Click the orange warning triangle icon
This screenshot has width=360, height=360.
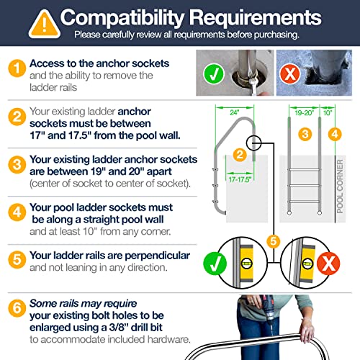(45, 24)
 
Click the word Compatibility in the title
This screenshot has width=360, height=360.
(122, 18)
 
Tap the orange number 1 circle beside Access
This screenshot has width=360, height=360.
(17, 68)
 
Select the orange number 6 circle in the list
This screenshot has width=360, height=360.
(17, 308)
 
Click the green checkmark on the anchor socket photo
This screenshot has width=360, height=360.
(214, 74)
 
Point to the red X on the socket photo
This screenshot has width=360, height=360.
(290, 73)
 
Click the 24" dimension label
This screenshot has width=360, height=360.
(235, 112)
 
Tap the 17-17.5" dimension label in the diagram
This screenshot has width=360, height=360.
(240, 179)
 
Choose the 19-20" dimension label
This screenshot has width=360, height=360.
(305, 112)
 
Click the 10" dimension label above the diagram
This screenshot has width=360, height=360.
(328, 112)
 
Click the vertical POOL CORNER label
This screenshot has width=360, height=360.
(340, 186)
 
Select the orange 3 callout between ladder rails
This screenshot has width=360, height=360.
(305, 134)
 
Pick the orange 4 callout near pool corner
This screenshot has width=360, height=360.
(335, 134)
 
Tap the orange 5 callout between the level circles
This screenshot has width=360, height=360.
(274, 241)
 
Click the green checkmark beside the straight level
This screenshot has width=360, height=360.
(215, 264)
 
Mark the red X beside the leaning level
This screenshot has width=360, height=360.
(328, 264)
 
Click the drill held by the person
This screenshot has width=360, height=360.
(268, 310)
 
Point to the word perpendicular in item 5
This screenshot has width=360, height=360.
(158, 256)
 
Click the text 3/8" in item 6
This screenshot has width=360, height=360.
(119, 328)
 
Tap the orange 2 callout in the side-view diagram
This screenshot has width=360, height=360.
(240, 155)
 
